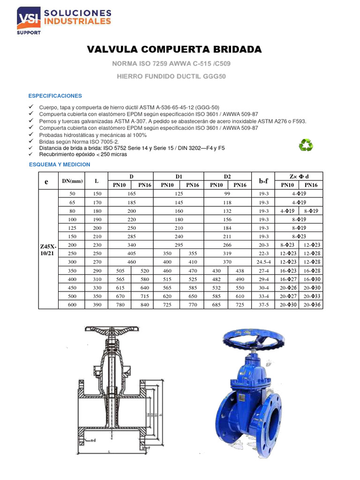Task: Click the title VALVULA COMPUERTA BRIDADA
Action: pos(174,49)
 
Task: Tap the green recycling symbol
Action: pos(306,144)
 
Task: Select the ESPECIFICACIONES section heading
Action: pos(55,96)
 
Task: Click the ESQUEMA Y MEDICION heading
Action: pos(60,165)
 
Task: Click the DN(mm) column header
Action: pos(72,180)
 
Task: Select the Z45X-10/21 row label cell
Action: pos(47,249)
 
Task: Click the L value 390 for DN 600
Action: pos(97,305)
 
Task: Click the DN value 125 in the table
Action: pos(72,227)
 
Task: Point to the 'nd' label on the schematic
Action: pos(92,440)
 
